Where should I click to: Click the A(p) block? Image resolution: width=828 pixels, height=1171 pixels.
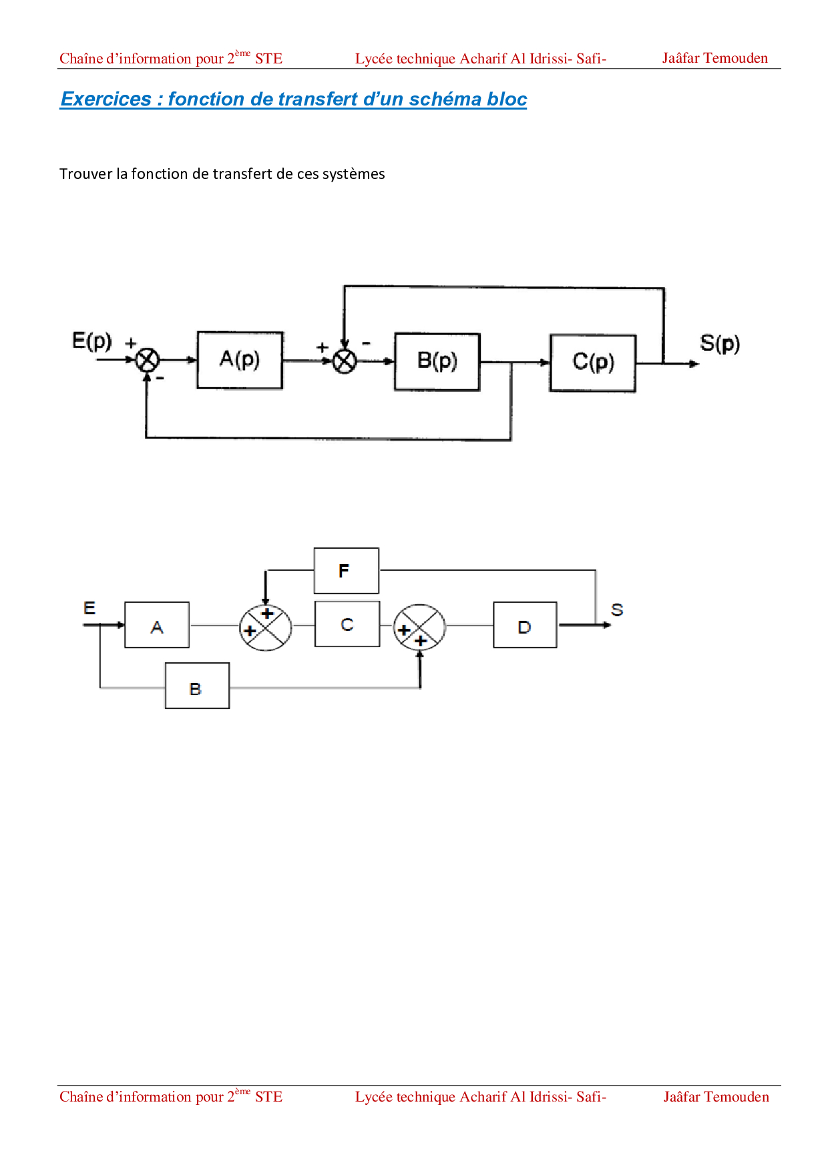pyautogui.click(x=240, y=360)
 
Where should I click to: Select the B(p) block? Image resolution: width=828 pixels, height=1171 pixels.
pyautogui.click(x=437, y=361)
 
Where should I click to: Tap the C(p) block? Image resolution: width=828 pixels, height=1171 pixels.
pyautogui.click(x=592, y=363)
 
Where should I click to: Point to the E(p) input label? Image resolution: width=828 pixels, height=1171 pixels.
pyautogui.click(x=91, y=341)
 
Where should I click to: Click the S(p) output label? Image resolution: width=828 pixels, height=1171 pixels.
pyautogui.click(x=719, y=344)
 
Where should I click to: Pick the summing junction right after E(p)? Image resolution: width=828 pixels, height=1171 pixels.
pyautogui.click(x=147, y=361)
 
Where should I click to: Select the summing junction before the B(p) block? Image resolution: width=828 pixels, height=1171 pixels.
pyautogui.click(x=345, y=361)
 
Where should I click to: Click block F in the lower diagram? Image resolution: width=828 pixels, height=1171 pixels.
pyautogui.click(x=346, y=571)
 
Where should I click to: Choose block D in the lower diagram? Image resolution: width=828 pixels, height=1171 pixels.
pyautogui.click(x=524, y=625)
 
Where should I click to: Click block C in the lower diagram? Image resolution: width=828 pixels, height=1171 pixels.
pyautogui.click(x=347, y=624)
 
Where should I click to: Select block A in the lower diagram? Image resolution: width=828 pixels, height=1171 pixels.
pyautogui.click(x=157, y=625)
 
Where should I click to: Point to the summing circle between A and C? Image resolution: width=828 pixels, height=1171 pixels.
pyautogui.click(x=266, y=628)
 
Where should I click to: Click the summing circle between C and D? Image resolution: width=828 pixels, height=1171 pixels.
pyautogui.click(x=419, y=628)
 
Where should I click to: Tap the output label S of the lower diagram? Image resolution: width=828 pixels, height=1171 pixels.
pyautogui.click(x=617, y=610)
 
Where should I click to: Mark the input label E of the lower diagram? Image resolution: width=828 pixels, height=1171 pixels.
pyautogui.click(x=89, y=608)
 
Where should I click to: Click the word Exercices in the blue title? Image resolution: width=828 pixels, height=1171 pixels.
pyautogui.click(x=106, y=99)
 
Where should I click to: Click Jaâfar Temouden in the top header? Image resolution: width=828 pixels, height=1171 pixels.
pyautogui.click(x=714, y=58)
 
